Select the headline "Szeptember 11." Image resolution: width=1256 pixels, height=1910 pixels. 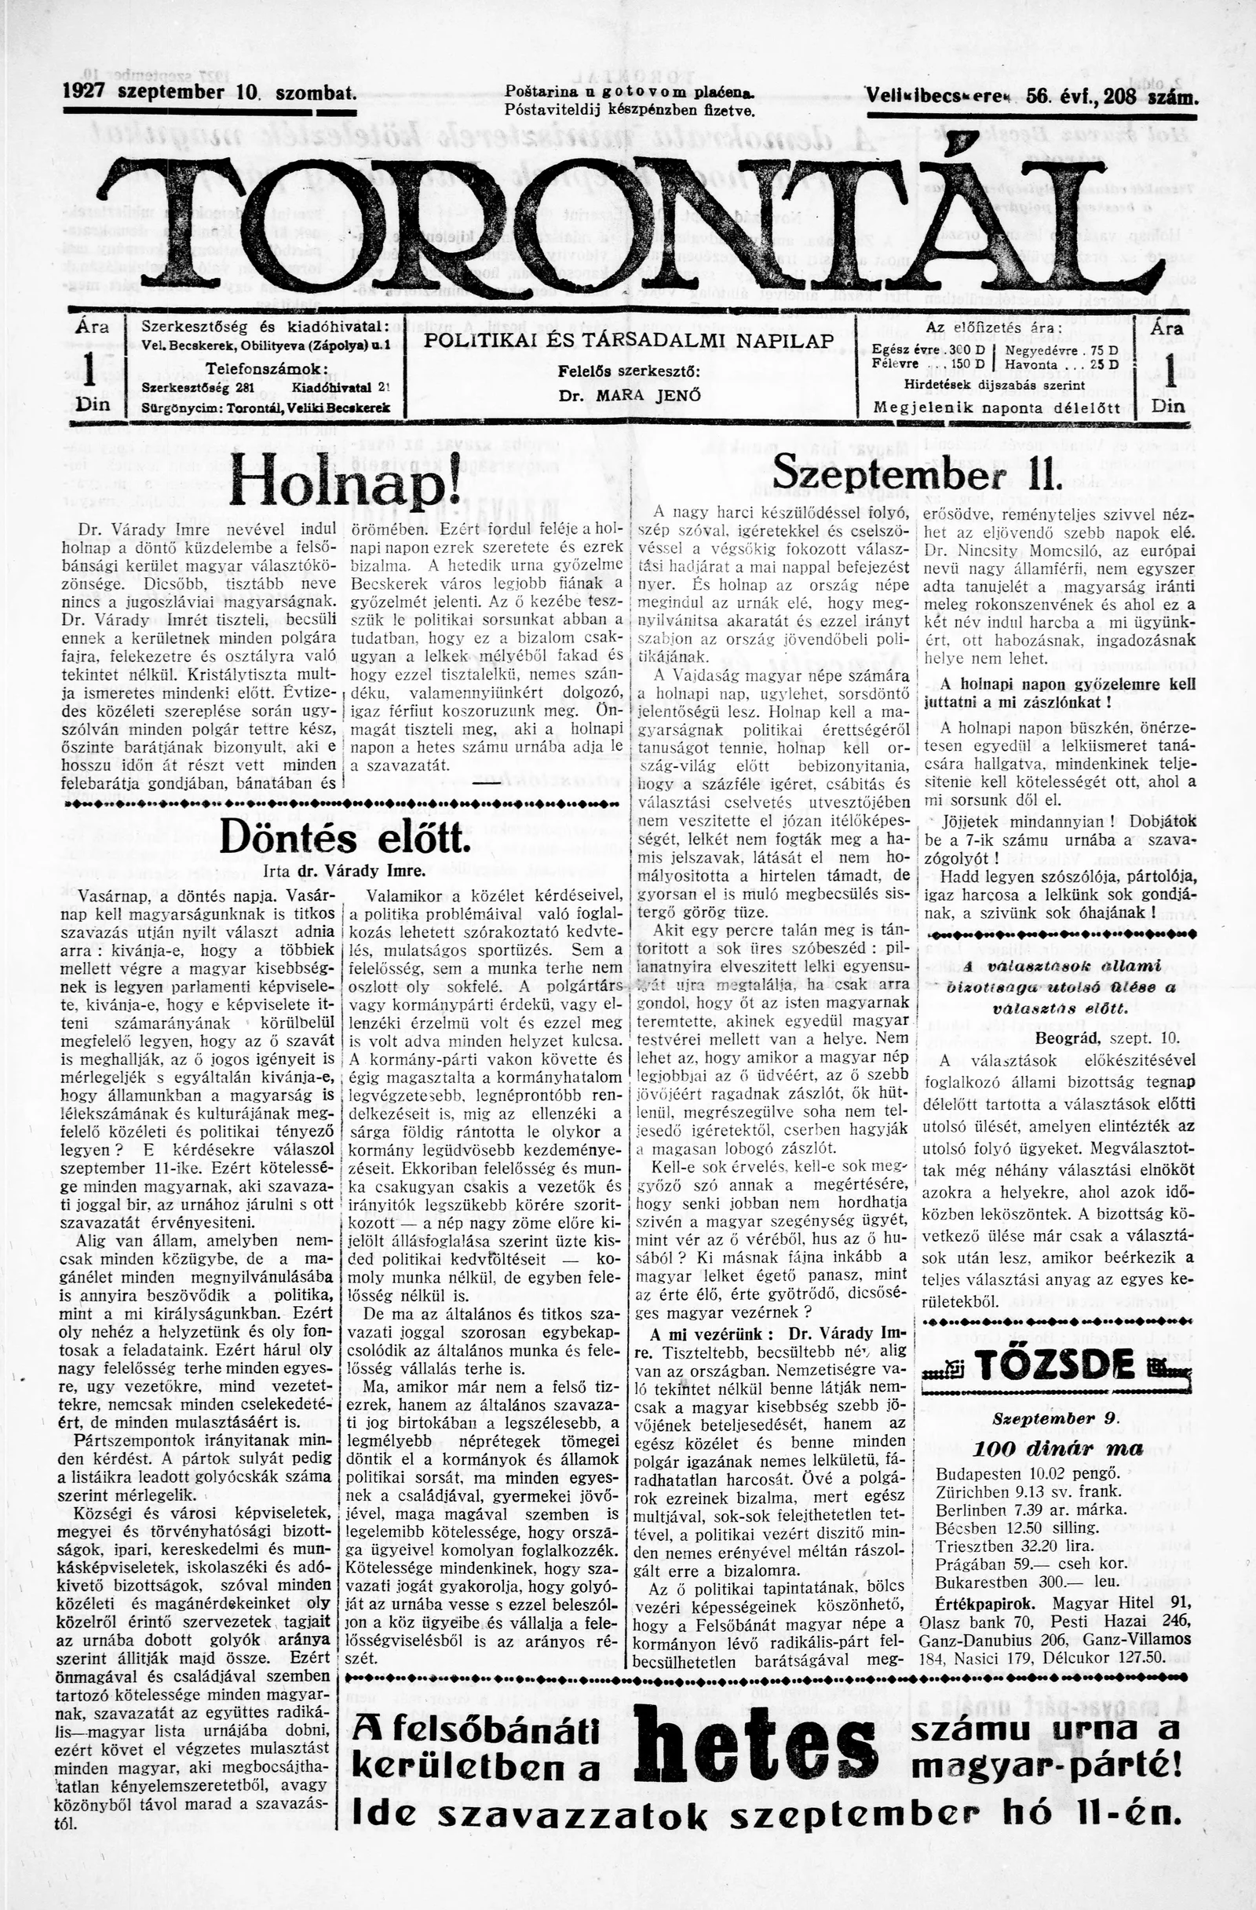[917, 475]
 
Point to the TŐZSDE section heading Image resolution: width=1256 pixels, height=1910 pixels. [1056, 1364]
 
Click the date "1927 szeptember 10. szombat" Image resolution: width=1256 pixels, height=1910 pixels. [210, 93]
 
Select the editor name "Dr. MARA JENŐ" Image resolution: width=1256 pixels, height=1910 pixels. [630, 396]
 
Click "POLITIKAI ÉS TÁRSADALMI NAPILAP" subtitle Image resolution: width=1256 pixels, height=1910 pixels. [629, 340]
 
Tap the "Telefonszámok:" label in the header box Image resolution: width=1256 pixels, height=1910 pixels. [265, 369]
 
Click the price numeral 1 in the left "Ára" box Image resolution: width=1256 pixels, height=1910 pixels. [91, 369]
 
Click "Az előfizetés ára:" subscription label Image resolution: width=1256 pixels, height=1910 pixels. [994, 328]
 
